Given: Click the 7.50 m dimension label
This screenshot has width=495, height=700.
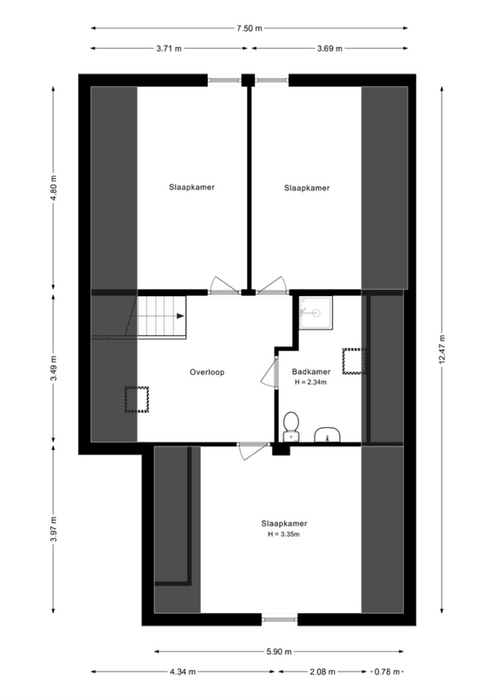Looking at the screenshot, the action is (x=249, y=29).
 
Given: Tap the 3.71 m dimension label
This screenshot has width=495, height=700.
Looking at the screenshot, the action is (x=169, y=49).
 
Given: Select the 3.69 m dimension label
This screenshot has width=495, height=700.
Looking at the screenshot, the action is (x=330, y=49).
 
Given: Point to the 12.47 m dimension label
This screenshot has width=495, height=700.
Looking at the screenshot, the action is (x=442, y=349).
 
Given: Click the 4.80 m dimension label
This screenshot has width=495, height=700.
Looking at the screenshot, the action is (x=54, y=187).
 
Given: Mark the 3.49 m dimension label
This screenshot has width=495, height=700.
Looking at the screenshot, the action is (x=54, y=368).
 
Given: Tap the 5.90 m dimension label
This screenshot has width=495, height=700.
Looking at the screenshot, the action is (x=279, y=652).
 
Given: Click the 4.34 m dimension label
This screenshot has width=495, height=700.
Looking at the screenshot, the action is (x=183, y=671).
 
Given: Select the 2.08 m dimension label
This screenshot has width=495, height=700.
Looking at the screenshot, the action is (x=322, y=671).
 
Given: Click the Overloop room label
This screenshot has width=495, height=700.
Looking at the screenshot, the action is (x=207, y=372).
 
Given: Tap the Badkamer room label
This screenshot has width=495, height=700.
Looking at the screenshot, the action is (x=311, y=371).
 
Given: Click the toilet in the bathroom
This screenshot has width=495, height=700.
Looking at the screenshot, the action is (x=290, y=427).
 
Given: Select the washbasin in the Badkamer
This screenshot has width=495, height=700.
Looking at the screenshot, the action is (x=328, y=435).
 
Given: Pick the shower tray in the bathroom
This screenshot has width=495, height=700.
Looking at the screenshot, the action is (x=316, y=313).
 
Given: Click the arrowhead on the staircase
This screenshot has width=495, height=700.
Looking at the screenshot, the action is (x=180, y=316).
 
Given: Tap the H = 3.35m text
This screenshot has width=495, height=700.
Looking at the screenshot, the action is (x=284, y=534).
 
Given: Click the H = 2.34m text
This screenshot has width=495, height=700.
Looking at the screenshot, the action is (x=311, y=382).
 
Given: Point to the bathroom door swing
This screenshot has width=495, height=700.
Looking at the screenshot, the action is (x=268, y=374).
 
